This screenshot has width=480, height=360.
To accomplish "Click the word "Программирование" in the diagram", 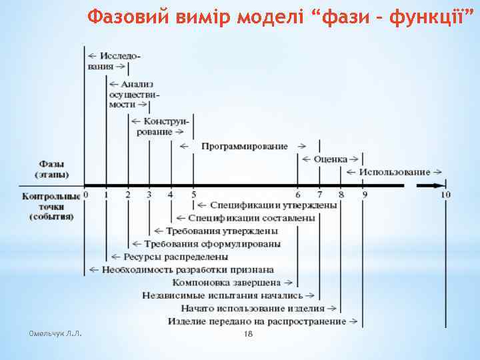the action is click(x=245, y=146).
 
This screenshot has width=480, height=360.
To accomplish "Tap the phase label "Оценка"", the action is click(x=331, y=159).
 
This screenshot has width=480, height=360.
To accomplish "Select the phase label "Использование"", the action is click(x=394, y=172).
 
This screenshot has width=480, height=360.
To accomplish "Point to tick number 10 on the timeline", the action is click(x=445, y=195).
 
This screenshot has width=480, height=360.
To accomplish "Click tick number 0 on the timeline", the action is click(x=87, y=195).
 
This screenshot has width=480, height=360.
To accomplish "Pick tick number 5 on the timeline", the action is click(x=193, y=195).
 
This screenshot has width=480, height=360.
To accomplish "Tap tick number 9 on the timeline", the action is click(x=365, y=195).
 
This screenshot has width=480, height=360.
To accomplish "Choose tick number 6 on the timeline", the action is click(x=298, y=195).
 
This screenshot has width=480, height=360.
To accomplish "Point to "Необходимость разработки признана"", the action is click(x=187, y=269).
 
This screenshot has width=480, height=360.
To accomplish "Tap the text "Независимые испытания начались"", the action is click(x=223, y=295).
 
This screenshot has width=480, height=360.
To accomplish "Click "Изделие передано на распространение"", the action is click(x=257, y=321).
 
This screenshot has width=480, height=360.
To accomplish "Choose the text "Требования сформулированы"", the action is click(x=212, y=243).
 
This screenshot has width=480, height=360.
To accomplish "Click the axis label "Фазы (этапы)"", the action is click(x=52, y=169).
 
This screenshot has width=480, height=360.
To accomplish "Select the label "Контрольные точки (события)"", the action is click(x=51, y=207).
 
